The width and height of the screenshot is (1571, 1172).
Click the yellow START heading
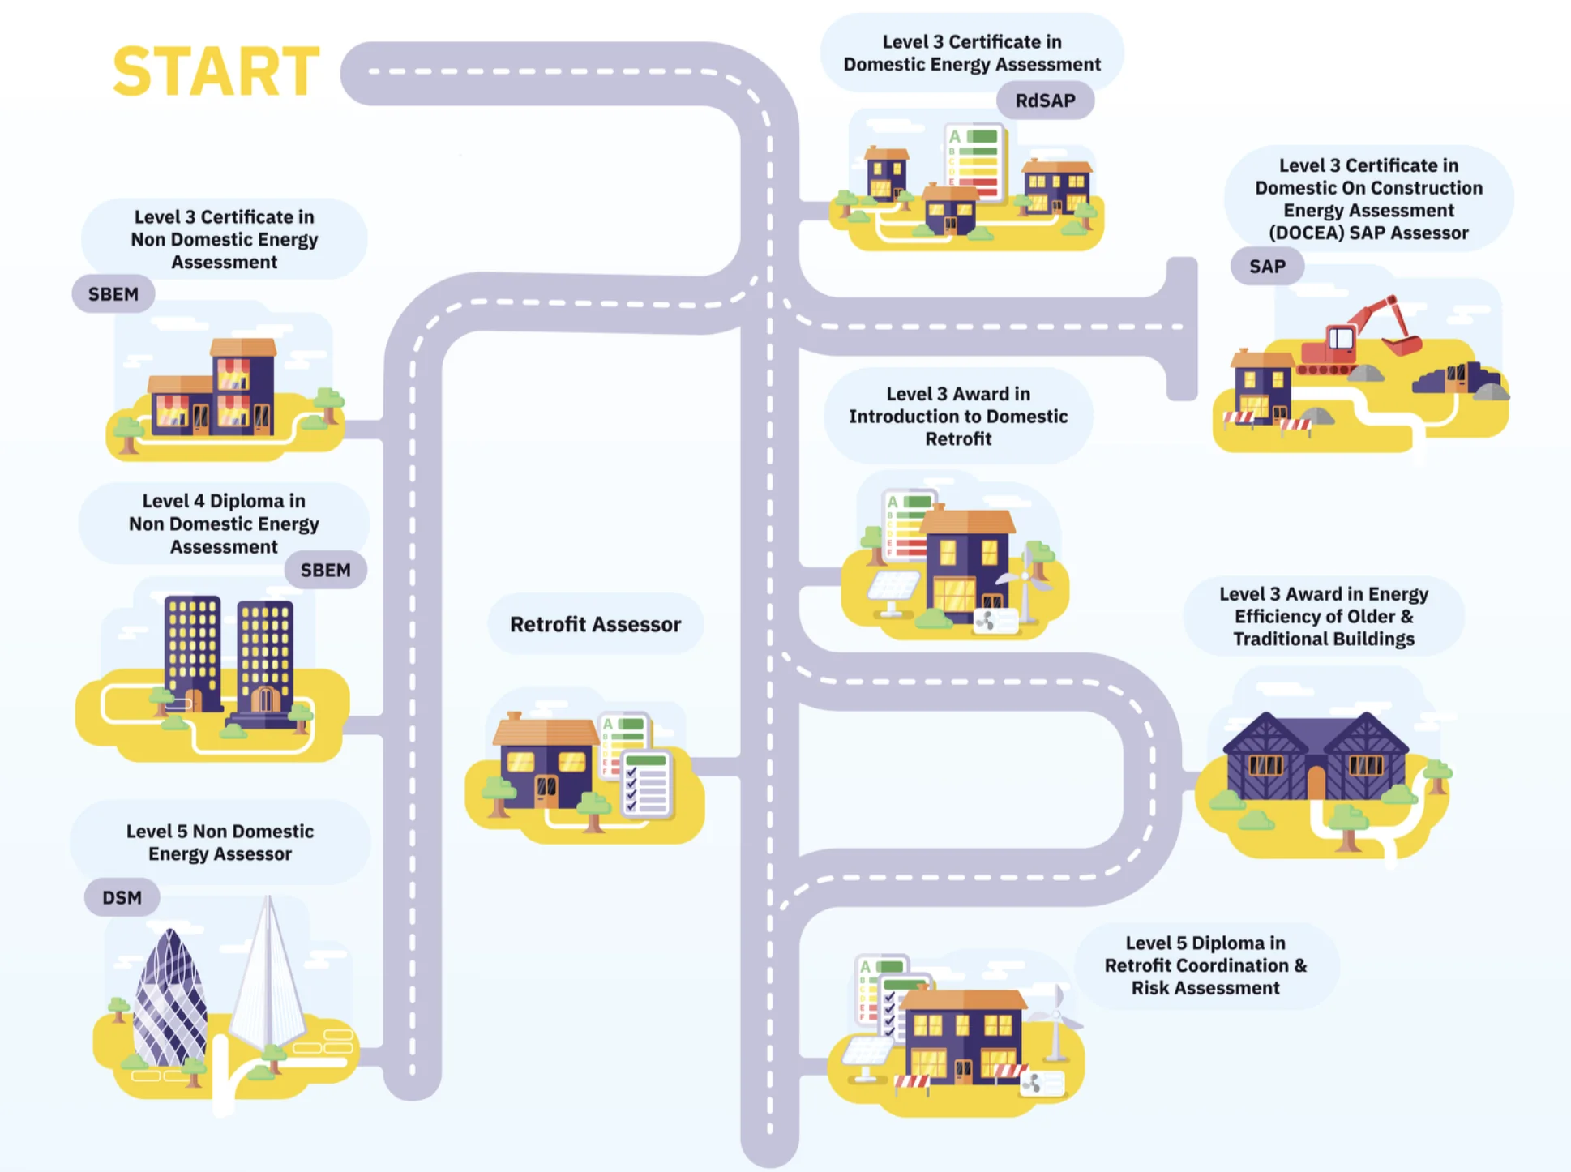tap(216, 71)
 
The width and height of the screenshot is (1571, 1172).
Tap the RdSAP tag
tap(1045, 101)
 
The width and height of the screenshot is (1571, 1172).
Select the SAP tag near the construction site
tap(1267, 267)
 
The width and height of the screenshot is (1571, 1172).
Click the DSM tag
tap(122, 898)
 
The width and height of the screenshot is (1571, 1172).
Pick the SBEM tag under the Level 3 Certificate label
tap(113, 294)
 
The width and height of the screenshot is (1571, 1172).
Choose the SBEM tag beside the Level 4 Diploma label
tap(325, 571)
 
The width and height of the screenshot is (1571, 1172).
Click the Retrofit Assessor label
tap(595, 624)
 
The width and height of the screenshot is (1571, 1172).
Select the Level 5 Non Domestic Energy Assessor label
tap(220, 843)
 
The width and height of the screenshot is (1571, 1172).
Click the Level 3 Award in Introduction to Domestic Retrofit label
tap(958, 417)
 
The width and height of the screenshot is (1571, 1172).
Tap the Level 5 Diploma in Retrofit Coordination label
tap(1205, 965)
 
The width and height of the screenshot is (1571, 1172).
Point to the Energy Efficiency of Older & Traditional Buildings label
tap(1323, 617)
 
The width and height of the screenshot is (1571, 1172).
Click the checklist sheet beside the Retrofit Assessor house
tap(646, 783)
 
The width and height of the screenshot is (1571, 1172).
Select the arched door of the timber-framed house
tap(1316, 782)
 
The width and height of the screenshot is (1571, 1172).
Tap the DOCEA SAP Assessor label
tap(1368, 199)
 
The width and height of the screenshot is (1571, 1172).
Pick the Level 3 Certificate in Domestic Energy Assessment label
tap(972, 53)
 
